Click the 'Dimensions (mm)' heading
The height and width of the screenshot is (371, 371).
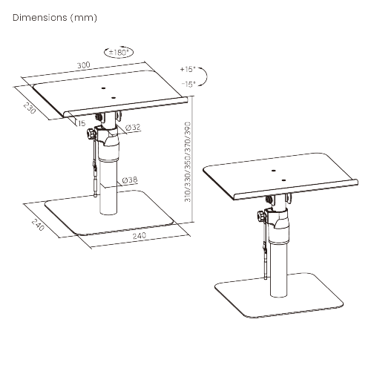(x=55, y=16)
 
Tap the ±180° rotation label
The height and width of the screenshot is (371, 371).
(x=119, y=53)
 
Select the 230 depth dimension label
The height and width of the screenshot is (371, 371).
(x=29, y=108)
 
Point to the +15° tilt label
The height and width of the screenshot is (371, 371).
(x=187, y=69)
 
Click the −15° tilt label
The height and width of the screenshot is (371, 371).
(x=187, y=84)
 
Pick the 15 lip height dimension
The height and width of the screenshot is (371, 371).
(x=79, y=123)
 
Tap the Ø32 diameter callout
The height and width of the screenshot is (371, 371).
(x=134, y=127)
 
